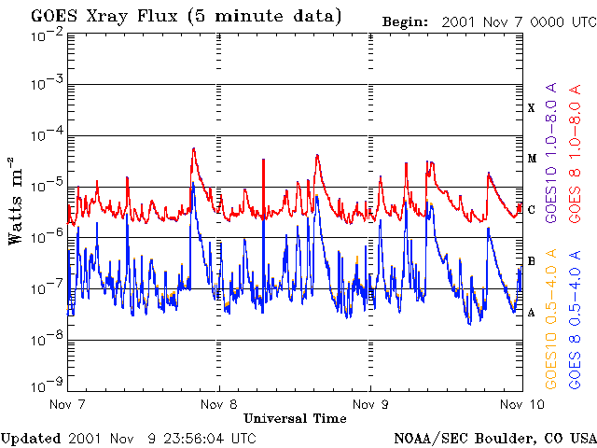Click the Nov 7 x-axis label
(x=66, y=404)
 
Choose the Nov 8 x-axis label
(x=218, y=404)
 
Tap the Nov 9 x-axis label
(x=370, y=404)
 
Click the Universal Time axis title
(x=295, y=418)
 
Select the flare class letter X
(x=531, y=108)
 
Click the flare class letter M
(x=531, y=159)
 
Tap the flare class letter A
(x=531, y=312)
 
